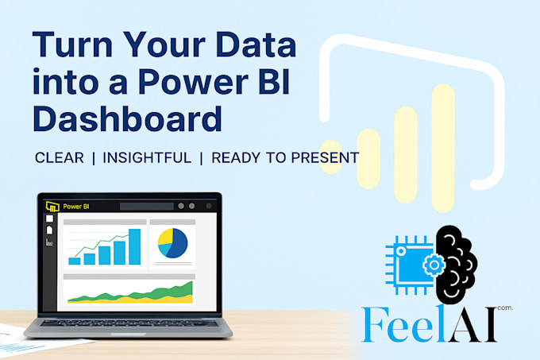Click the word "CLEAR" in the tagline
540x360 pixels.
click(x=60, y=157)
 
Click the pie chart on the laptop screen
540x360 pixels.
click(x=172, y=242)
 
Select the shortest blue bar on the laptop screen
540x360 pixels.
click(x=75, y=260)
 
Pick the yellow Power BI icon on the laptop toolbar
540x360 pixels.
click(x=52, y=205)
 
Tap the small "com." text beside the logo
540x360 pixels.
click(x=506, y=308)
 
